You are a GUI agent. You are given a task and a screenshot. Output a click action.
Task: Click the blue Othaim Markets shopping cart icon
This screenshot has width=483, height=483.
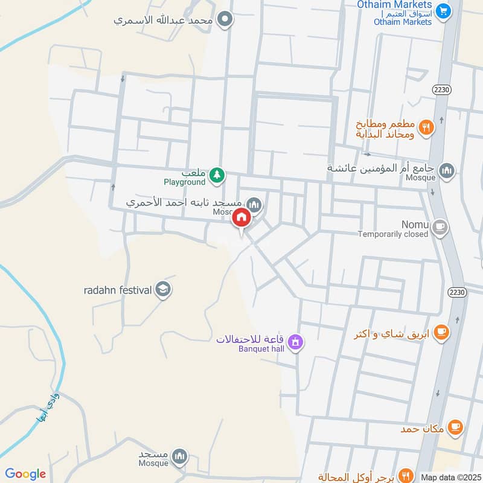click(444, 11)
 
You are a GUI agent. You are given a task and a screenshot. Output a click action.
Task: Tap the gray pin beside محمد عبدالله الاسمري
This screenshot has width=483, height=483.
click(226, 20)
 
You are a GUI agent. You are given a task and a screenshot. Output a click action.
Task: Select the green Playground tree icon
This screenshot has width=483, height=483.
click(217, 176)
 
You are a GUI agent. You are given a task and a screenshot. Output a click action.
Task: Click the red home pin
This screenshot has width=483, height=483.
click(241, 219)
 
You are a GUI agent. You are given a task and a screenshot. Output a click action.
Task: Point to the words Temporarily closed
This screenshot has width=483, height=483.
click(392, 234)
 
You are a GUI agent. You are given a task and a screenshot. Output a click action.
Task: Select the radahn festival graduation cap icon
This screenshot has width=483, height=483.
click(162, 290)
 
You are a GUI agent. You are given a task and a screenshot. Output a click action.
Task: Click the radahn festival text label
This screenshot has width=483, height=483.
click(117, 290)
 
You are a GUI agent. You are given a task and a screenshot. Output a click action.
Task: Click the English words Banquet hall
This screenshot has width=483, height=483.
click(261, 348)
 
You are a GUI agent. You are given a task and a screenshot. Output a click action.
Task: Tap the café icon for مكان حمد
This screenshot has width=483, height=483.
click(455, 427)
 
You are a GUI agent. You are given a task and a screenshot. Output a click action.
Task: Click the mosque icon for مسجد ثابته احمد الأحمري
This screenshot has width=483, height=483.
click(255, 205)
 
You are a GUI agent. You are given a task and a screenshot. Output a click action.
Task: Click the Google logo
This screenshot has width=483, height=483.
click(25, 474)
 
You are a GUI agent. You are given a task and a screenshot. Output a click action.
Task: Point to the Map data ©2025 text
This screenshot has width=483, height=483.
click(450, 477)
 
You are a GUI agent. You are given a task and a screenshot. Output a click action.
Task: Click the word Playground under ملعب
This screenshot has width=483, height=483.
click(185, 182)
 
